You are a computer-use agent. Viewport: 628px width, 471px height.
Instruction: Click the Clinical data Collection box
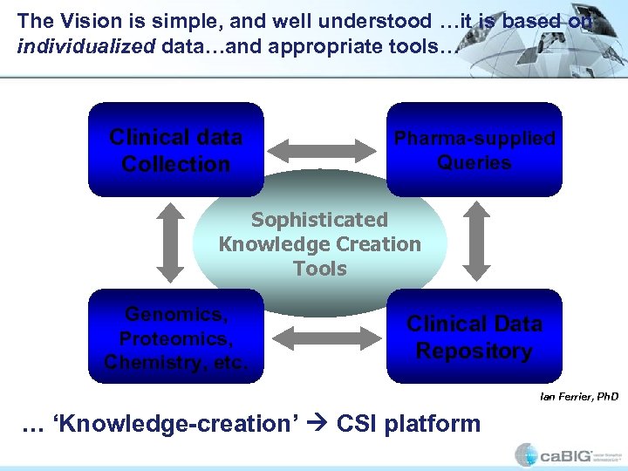175,149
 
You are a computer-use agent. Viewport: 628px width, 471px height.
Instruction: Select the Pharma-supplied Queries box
474,149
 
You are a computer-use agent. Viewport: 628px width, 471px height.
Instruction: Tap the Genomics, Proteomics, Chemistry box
175,337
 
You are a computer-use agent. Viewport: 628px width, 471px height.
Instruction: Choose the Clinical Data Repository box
474,337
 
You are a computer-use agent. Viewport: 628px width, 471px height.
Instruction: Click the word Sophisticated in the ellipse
319,220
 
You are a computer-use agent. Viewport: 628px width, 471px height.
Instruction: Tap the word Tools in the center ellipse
320,269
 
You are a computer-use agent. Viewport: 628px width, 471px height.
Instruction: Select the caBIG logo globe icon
526,454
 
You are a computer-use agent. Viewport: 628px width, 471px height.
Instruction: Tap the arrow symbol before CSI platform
320,425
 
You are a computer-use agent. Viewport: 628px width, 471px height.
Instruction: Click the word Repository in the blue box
474,351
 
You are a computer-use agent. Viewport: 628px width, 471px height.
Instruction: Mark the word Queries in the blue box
474,162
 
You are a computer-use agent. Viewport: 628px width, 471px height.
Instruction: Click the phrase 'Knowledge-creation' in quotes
174,425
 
